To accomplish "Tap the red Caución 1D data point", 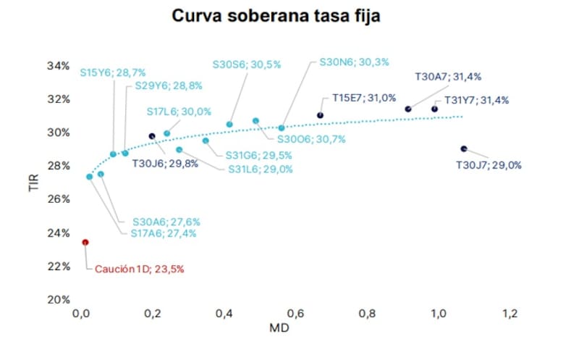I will coord(85,242).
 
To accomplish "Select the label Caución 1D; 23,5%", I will coord(140,269).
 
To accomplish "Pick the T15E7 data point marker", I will coord(320,115).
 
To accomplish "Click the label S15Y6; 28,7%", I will coord(114,72).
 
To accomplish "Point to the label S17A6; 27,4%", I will coord(164,233).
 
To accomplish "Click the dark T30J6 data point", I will coord(152,136).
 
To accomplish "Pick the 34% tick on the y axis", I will coord(58,66).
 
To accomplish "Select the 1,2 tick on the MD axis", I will coord(510,314).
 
